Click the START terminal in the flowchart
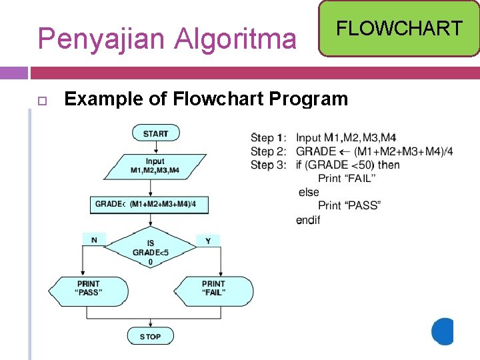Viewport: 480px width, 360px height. pos(155,133)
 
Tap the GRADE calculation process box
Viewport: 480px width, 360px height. pos(149,204)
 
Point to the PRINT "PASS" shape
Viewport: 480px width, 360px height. pos(89,289)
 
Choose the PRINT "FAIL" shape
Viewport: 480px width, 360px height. pos(213,289)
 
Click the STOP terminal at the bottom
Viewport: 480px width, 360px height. pos(150,336)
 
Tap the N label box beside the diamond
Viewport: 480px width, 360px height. pos(93,239)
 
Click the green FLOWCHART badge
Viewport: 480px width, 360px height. pos(399,29)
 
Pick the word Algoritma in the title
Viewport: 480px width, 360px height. pos(235,39)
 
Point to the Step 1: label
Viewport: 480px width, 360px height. pos(268,138)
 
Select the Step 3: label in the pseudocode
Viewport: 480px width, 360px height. pos(268,165)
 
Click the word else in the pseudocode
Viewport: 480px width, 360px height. pos(309,192)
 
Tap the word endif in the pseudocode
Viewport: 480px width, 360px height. pos(308,219)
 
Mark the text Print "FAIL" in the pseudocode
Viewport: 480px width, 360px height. pos(347,178)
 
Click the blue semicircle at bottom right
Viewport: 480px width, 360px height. pos(444,331)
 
